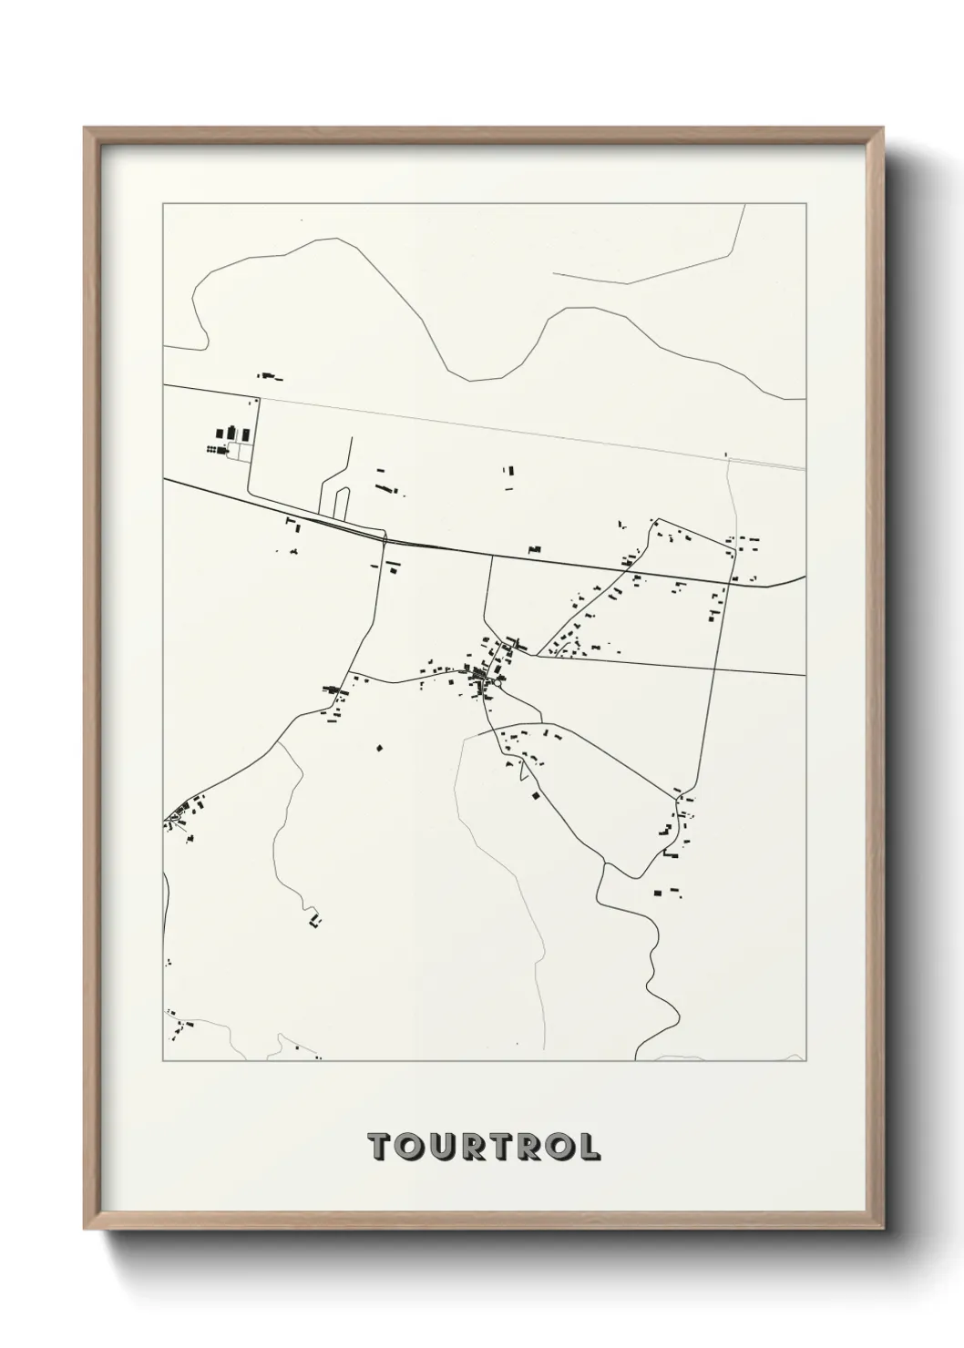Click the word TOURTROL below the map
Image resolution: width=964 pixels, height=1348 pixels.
coord(483,1147)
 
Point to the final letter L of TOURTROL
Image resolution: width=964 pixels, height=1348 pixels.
coord(590,1147)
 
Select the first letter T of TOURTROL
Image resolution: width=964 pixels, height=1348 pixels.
coord(378,1147)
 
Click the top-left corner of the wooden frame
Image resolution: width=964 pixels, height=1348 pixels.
coord(85,128)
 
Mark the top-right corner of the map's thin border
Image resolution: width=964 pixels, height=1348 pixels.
coord(805,204)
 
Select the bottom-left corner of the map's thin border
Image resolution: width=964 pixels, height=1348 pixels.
coord(163,1061)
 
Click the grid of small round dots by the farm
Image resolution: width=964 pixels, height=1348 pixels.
coord(213,449)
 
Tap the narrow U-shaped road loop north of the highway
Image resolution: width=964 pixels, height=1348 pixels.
coord(338,495)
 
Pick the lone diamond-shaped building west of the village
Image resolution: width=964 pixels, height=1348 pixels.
coord(380,749)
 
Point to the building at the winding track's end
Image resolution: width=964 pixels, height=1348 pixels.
coord(315,919)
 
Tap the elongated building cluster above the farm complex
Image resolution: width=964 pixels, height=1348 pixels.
coord(269,375)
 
